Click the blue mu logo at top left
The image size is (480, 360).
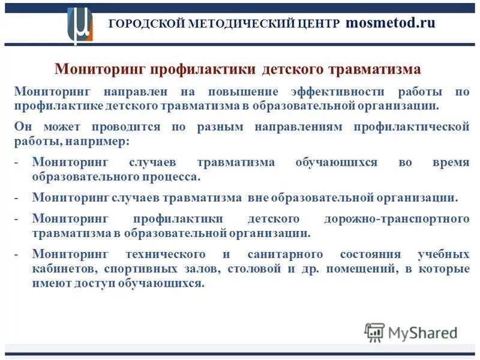80,26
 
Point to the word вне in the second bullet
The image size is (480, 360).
256,197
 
